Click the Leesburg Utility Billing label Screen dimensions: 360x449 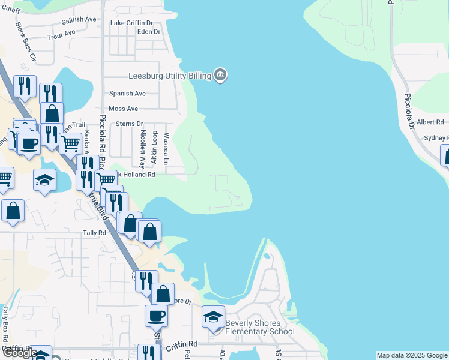pos(170,76)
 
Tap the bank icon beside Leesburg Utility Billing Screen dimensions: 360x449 pos(220,75)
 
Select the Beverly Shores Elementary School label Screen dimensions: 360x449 pos(259,326)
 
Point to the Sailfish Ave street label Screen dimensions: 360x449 pos(79,20)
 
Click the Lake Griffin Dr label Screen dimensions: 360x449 pos(132,23)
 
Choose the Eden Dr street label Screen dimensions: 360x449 pos(149,32)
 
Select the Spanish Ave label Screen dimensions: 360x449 pos(127,94)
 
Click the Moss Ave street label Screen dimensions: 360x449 pos(124,109)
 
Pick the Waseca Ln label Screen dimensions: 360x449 pos(166,149)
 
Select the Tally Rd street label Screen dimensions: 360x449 pos(94,233)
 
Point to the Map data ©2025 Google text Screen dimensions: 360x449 pos(412,355)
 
